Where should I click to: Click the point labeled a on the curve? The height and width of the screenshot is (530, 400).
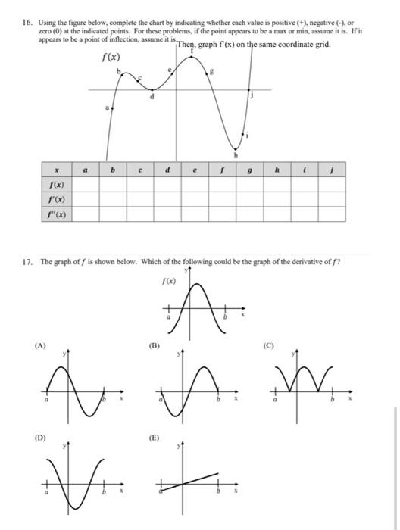click(x=113, y=108)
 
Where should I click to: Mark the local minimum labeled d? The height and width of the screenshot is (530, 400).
click(x=152, y=91)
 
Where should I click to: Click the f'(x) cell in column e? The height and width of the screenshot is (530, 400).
click(x=195, y=199)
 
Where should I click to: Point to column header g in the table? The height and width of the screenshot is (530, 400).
click(x=251, y=171)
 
